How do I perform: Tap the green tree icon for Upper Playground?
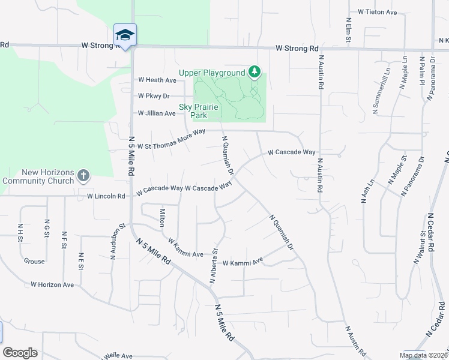[x=255, y=73]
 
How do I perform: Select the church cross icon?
[x=83, y=176]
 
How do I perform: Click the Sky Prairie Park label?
[x=204, y=111]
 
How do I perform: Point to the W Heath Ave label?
[x=157, y=80]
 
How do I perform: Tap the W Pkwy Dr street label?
[x=154, y=96]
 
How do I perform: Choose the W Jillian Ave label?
[x=157, y=113]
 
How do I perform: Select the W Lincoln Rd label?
[x=106, y=196]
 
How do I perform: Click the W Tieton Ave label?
[x=378, y=12]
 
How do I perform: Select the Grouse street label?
[x=34, y=262]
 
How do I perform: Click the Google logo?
[x=20, y=353]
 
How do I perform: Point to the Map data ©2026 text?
[x=423, y=355]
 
